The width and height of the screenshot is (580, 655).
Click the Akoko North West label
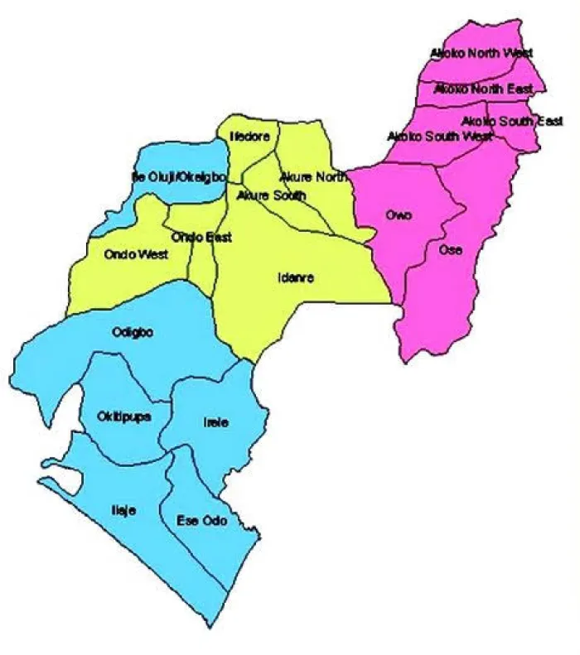[481, 53]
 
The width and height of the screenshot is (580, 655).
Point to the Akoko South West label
[439, 136]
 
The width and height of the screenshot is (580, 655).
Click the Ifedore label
[250, 137]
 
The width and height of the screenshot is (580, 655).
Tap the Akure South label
[271, 195]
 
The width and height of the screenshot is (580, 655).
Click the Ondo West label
[137, 254]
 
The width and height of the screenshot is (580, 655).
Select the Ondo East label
[201, 237]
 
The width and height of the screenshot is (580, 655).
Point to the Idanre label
[296, 277]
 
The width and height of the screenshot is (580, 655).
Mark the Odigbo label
[130, 333]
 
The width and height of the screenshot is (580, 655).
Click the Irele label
[215, 422]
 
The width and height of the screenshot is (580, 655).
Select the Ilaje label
[123, 511]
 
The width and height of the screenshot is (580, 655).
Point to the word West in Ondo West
[153, 254]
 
